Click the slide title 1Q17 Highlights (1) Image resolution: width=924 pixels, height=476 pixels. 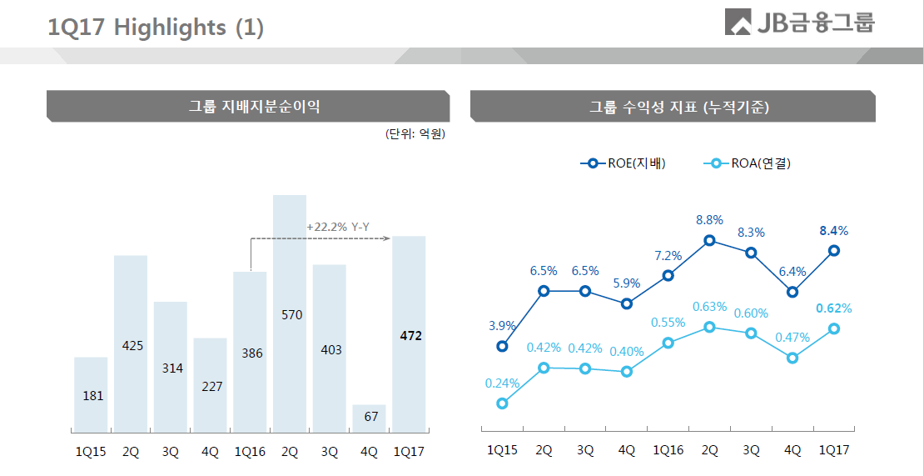(x=156, y=28)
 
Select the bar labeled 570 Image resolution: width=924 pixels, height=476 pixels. (x=290, y=313)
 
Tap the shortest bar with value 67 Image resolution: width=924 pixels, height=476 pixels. (x=370, y=418)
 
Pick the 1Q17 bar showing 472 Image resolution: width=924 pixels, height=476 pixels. (x=409, y=334)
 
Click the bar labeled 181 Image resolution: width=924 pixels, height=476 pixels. (x=91, y=394)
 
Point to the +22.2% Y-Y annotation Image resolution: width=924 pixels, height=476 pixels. (x=337, y=227)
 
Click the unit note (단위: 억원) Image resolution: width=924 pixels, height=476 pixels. (x=415, y=134)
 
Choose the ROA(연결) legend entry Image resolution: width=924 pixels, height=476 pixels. (x=747, y=163)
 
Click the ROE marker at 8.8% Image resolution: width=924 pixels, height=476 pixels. (x=709, y=241)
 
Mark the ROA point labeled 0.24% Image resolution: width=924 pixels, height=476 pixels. (x=502, y=403)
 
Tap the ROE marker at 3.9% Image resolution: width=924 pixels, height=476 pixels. (x=502, y=346)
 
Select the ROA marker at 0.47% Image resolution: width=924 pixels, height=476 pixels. (x=792, y=358)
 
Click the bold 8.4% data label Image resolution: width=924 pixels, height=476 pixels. (x=833, y=231)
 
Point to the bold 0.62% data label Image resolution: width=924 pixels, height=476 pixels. (x=833, y=308)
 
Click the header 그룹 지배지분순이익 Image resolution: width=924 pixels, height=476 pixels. (x=248, y=107)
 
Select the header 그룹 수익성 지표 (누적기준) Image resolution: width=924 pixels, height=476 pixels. (x=673, y=107)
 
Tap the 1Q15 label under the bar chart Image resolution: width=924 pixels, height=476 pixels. (x=90, y=452)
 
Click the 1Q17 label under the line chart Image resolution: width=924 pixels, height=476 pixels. (x=833, y=450)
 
